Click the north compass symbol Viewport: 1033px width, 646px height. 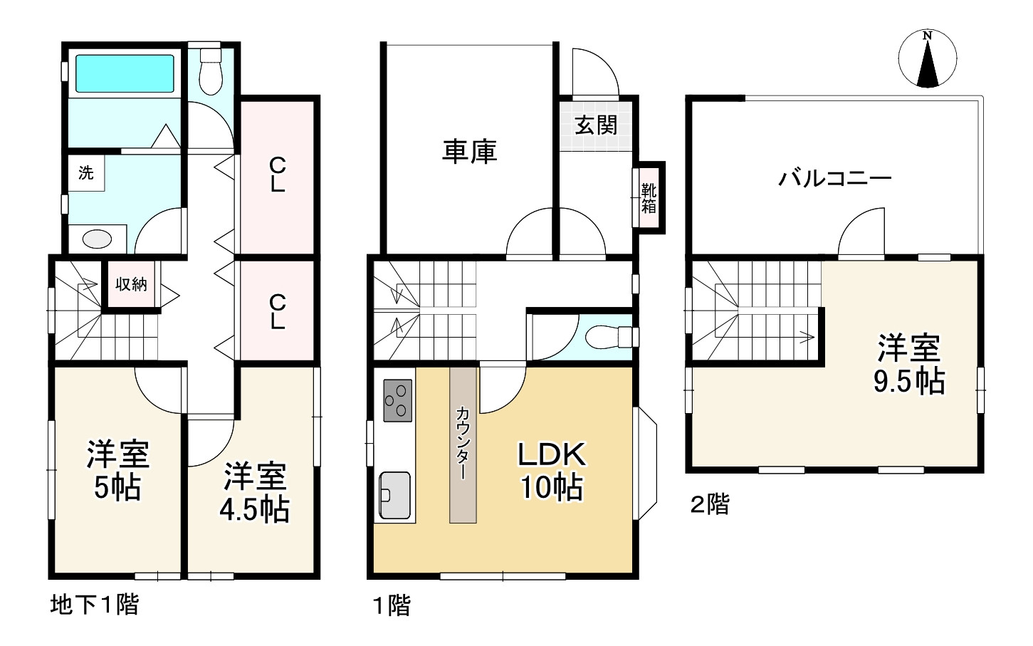tap(927, 60)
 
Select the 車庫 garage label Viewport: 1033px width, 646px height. tap(469, 152)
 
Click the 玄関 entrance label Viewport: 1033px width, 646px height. tap(596, 126)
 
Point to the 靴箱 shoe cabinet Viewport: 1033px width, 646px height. tap(649, 198)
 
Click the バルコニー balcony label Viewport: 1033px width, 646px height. tap(834, 178)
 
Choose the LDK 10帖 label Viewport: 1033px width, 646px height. tap(551, 470)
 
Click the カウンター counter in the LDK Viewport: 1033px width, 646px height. tap(463, 445)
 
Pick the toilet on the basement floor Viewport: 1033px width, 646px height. tap(210, 71)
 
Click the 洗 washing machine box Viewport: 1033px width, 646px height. tap(86, 173)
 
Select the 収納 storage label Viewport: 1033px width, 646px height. tap(131, 284)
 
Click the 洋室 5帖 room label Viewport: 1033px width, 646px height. tap(117, 470)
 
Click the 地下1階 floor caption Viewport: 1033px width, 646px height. tap(95, 605)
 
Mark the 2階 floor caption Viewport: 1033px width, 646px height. tap(709, 505)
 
